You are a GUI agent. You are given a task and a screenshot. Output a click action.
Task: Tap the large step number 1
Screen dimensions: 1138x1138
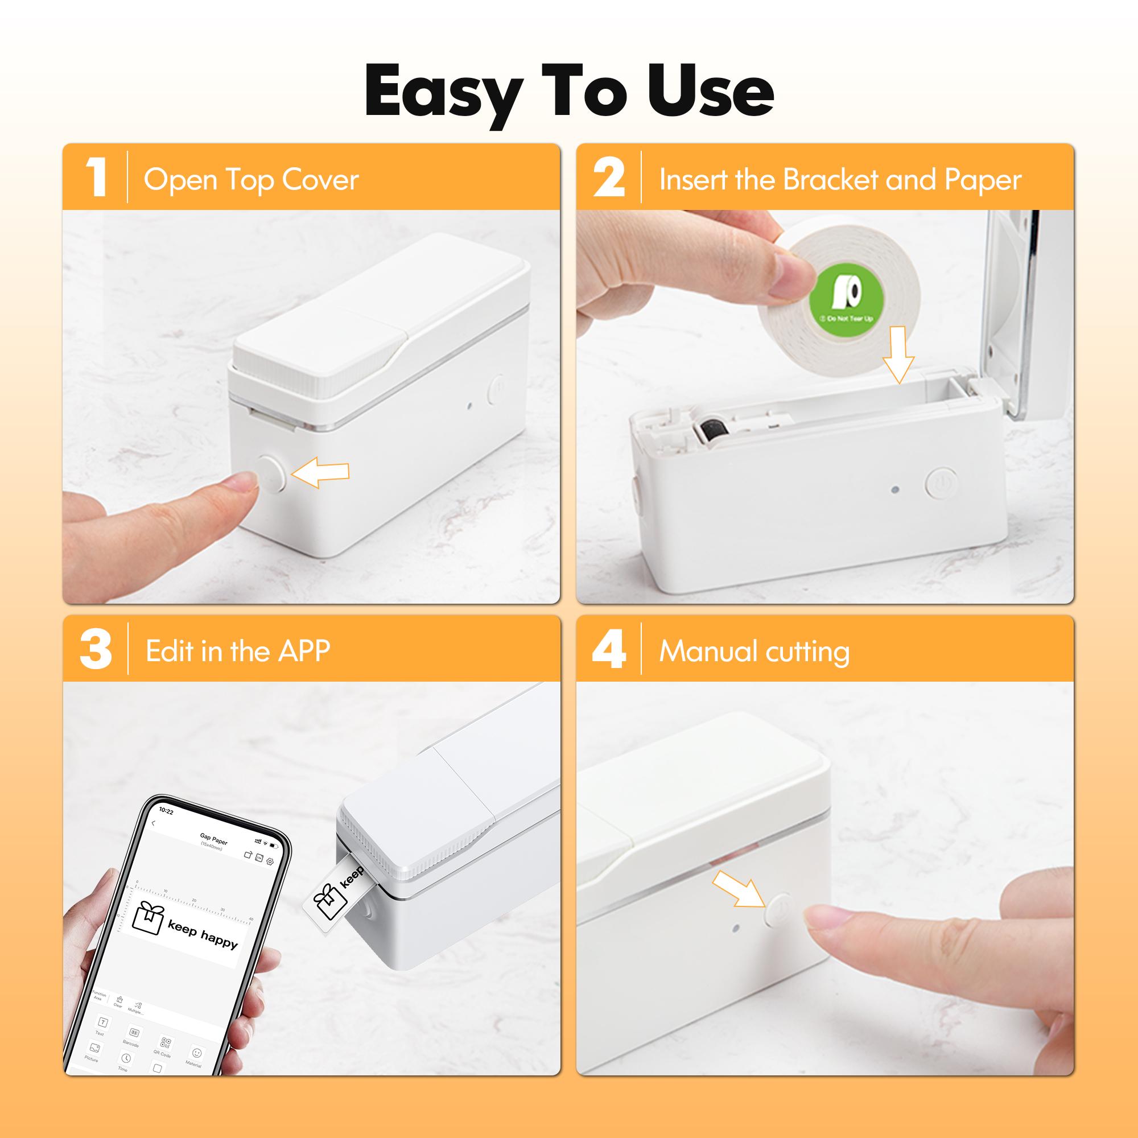(96, 178)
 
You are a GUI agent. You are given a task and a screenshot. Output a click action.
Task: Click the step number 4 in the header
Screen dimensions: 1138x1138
(608, 650)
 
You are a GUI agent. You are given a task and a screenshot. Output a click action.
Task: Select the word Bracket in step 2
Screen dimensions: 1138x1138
(831, 180)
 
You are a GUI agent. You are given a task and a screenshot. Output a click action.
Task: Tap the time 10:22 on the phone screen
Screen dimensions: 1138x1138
(167, 812)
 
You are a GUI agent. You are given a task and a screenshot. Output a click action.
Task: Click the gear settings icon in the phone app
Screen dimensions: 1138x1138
(270, 861)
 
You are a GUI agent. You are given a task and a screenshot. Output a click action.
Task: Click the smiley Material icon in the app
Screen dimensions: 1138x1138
(197, 1053)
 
